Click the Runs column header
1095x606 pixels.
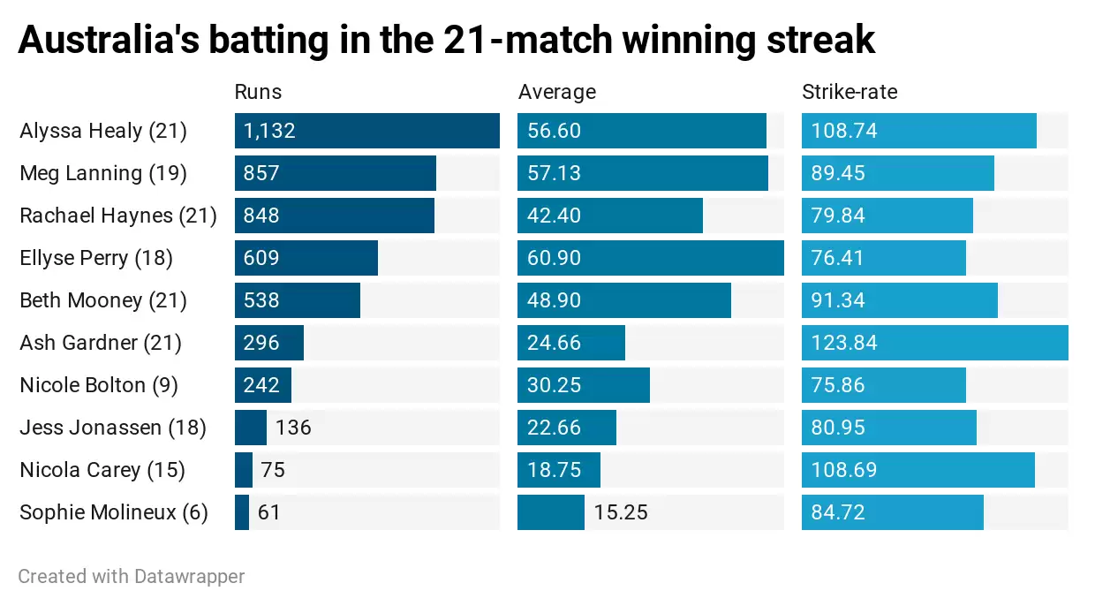tap(258, 92)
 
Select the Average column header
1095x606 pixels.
tap(556, 92)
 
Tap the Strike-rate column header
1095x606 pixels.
tap(849, 92)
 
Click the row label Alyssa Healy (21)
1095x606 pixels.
tap(103, 131)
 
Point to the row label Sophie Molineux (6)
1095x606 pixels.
tap(114, 512)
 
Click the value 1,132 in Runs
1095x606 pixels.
tap(269, 131)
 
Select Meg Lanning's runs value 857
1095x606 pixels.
tap(261, 173)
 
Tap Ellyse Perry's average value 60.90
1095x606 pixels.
tap(554, 258)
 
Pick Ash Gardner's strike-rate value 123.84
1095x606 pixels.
tap(843, 343)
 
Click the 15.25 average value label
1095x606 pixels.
tap(621, 512)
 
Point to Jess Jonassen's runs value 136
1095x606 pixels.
tap(293, 428)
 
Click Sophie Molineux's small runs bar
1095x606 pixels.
tap(242, 512)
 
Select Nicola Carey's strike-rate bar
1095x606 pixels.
tap(918, 470)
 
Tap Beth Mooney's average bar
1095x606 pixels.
tap(623, 300)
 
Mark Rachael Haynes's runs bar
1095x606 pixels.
tap(334, 216)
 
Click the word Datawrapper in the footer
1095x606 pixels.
tap(189, 577)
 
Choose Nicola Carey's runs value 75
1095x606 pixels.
tap(273, 470)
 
